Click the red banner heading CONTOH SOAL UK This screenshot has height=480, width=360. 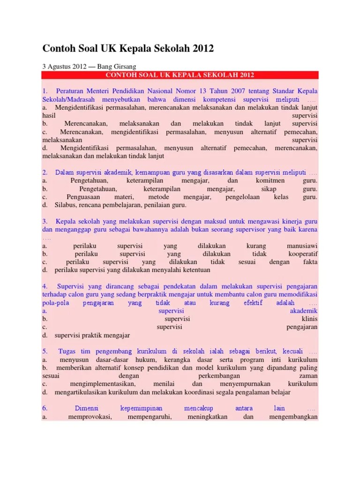pyautogui.click(x=180, y=75)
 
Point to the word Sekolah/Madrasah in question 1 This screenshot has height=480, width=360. pyautogui.click(x=70, y=100)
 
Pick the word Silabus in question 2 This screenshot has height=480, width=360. pyautogui.click(x=65, y=205)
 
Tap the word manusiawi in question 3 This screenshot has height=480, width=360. pyautogui.click(x=302, y=246)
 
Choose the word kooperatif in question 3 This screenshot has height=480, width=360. pyautogui.click(x=303, y=254)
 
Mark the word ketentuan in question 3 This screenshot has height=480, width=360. pyautogui.click(x=194, y=270)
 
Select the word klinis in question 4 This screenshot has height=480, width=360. pyautogui.click(x=309, y=319)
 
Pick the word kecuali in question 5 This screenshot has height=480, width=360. pyautogui.click(x=292, y=351)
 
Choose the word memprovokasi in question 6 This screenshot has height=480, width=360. pyautogui.click(x=90, y=417)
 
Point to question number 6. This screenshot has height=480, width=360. pyautogui.click(x=45, y=408)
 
